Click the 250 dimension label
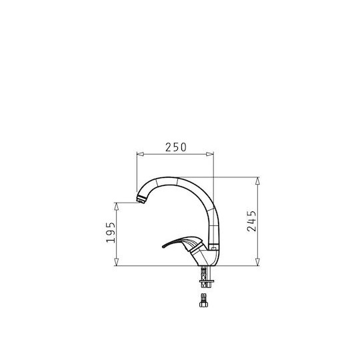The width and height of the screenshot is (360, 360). pyautogui.click(x=176, y=147)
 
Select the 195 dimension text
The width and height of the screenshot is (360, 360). pyautogui.click(x=111, y=232)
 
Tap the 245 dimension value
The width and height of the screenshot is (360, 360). pyautogui.click(x=251, y=221)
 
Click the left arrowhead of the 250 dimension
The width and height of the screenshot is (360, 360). pyautogui.click(x=140, y=154)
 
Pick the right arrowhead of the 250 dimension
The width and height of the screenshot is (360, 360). pyautogui.click(x=210, y=154)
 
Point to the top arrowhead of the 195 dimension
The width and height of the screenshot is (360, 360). pyautogui.click(x=117, y=207)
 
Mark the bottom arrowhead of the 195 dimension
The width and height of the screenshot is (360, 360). pyautogui.click(x=117, y=262)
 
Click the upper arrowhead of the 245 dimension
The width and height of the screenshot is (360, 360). pyautogui.click(x=257, y=181)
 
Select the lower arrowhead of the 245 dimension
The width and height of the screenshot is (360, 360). pyautogui.click(x=257, y=262)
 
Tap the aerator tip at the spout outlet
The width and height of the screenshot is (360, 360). pyautogui.click(x=141, y=200)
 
